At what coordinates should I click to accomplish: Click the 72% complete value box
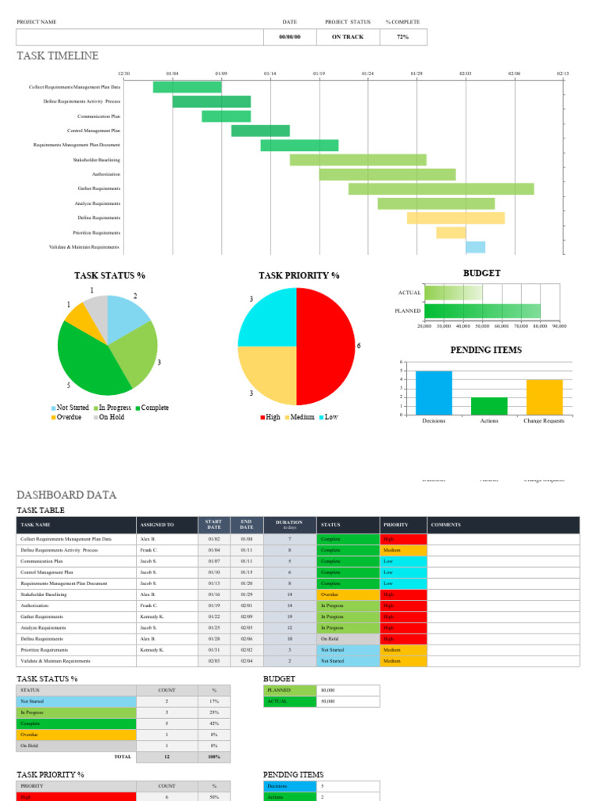(403, 37)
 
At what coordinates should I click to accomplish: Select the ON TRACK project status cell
(348, 37)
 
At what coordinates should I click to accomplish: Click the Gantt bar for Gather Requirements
(441, 189)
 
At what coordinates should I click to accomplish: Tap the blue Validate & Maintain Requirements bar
(475, 247)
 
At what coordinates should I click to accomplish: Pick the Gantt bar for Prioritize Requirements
(451, 232)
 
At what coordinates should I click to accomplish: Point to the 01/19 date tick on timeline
(319, 74)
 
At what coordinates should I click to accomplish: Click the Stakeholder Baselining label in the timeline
(97, 160)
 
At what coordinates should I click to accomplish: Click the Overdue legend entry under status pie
(66, 418)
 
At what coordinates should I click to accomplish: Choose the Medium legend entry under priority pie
(301, 418)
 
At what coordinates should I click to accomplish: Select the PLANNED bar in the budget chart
(482, 311)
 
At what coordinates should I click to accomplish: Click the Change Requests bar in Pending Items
(544, 397)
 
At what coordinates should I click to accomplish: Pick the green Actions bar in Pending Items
(489, 406)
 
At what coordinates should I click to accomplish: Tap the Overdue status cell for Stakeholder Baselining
(347, 594)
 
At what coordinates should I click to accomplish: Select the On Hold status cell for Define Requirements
(347, 639)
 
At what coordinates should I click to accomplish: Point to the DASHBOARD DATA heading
(67, 495)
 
